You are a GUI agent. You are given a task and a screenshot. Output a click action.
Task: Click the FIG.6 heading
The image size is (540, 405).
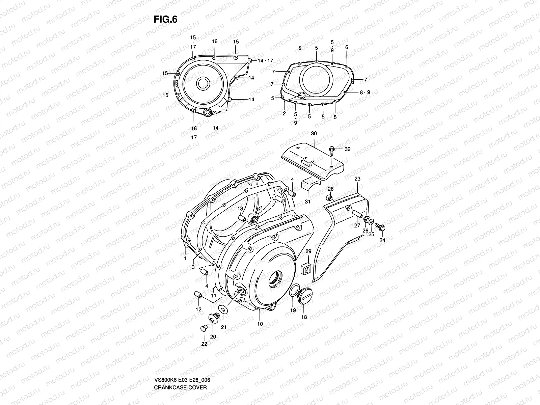coord(165,20)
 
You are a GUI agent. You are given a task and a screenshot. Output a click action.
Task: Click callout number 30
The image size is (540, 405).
coord(314,134)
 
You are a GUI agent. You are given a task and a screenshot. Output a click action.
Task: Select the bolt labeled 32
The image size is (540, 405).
coord(332,149)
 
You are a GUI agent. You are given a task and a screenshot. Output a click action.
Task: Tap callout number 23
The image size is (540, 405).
coord(357,179)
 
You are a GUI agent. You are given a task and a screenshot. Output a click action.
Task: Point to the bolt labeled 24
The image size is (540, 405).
coord(381,227)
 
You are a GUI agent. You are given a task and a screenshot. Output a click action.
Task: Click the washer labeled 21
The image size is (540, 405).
coord(223,309)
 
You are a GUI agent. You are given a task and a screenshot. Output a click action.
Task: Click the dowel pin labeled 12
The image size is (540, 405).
coord(198,296)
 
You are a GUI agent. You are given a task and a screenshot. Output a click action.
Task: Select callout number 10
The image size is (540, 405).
coord(260,324)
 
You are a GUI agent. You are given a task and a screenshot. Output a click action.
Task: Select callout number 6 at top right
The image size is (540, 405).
coord(346,48)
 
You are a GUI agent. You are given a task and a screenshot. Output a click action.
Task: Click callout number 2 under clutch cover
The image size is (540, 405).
coord(284,114)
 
